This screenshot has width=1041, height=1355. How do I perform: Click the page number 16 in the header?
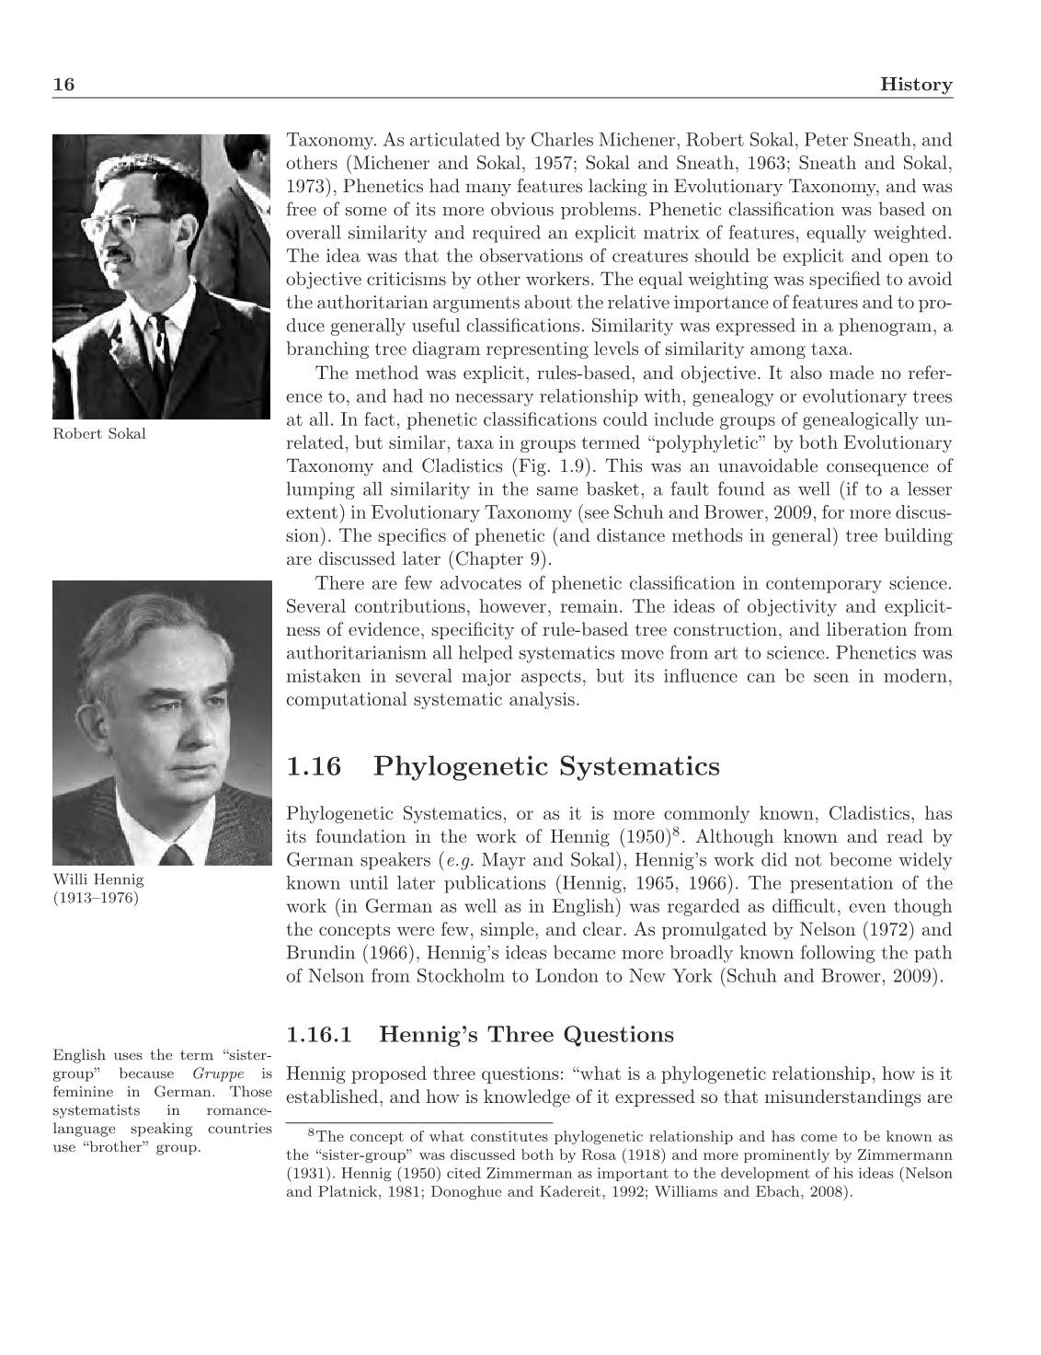[63, 85]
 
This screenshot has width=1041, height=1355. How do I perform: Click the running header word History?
[916, 85]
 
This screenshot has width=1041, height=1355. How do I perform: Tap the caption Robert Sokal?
[99, 434]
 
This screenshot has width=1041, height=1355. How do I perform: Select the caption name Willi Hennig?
[98, 879]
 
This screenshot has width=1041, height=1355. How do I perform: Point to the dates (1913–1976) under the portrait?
[96, 898]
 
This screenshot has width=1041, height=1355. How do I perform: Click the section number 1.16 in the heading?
[313, 766]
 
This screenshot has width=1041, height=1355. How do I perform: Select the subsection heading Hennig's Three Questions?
[526, 1035]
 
